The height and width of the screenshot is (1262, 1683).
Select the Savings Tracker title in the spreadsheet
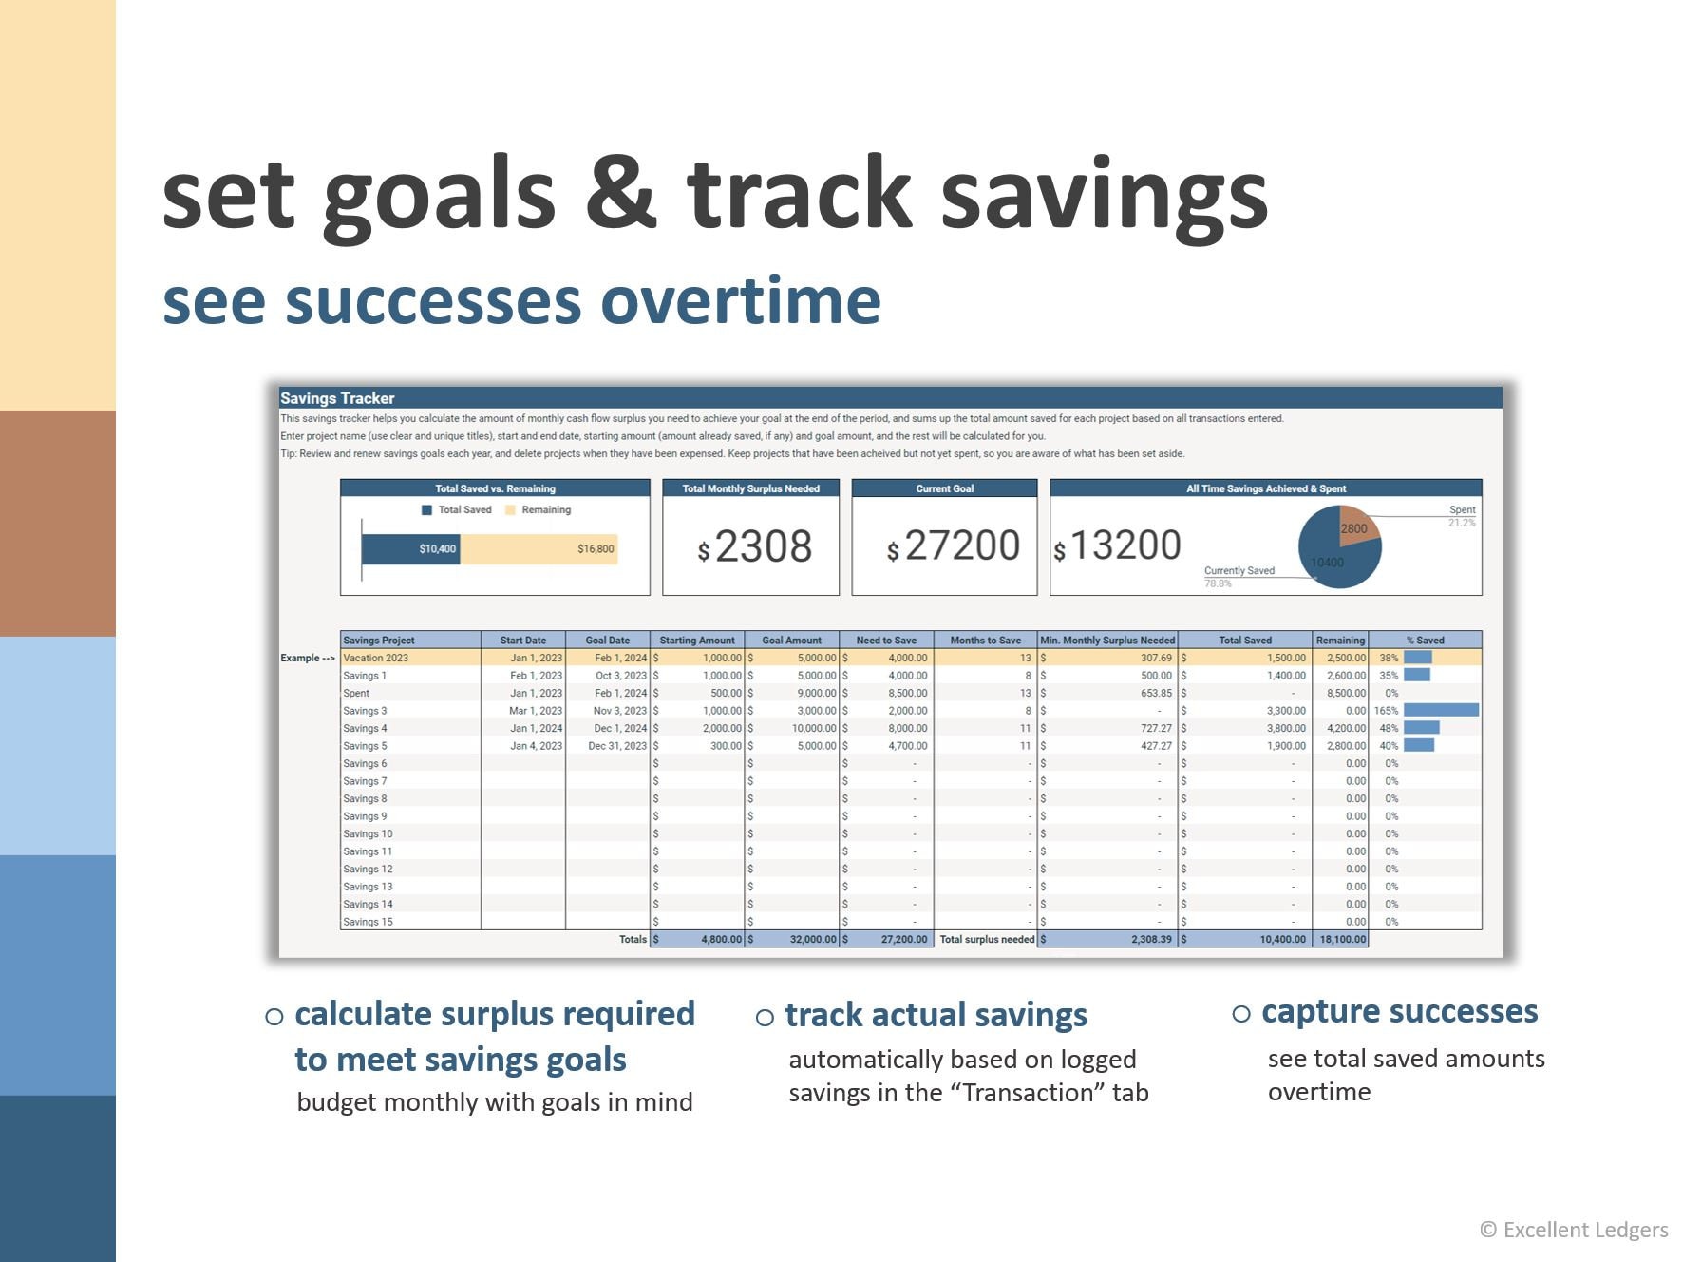click(337, 398)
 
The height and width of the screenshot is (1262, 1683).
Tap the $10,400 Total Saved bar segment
click(410, 548)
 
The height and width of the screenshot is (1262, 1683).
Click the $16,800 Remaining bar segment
click(539, 548)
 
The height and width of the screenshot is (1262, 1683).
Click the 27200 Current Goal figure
click(961, 545)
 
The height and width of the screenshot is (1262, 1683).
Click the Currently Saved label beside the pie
click(1239, 570)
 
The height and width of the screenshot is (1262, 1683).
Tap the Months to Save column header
click(985, 640)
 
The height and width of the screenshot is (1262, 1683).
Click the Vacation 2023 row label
click(376, 658)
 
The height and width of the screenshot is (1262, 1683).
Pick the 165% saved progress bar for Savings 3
click(1440, 710)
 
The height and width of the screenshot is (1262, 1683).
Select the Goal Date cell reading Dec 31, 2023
click(616, 746)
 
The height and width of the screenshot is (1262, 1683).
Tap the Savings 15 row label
click(368, 922)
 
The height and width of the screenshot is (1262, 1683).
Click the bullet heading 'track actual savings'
click(936, 1015)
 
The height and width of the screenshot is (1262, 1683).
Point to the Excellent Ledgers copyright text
click(1574, 1230)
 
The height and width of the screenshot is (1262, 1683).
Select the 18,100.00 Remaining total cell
click(1342, 939)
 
